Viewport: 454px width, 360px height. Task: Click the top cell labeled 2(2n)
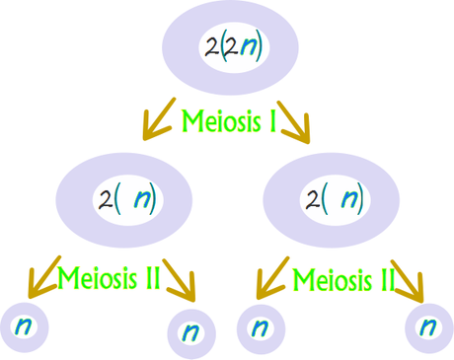tap(233, 47)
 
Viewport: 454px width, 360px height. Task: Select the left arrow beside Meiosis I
tap(155, 119)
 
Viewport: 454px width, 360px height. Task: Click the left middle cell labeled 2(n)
tap(128, 200)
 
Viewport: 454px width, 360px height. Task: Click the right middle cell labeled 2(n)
tap(335, 200)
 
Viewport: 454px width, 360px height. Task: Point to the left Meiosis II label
tap(109, 279)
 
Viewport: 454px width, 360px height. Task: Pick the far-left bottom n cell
tap(23, 325)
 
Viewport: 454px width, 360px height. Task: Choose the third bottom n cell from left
tap(258, 326)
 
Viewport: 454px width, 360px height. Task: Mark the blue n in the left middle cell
tap(142, 200)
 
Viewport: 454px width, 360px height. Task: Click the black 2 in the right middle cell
tap(313, 200)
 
